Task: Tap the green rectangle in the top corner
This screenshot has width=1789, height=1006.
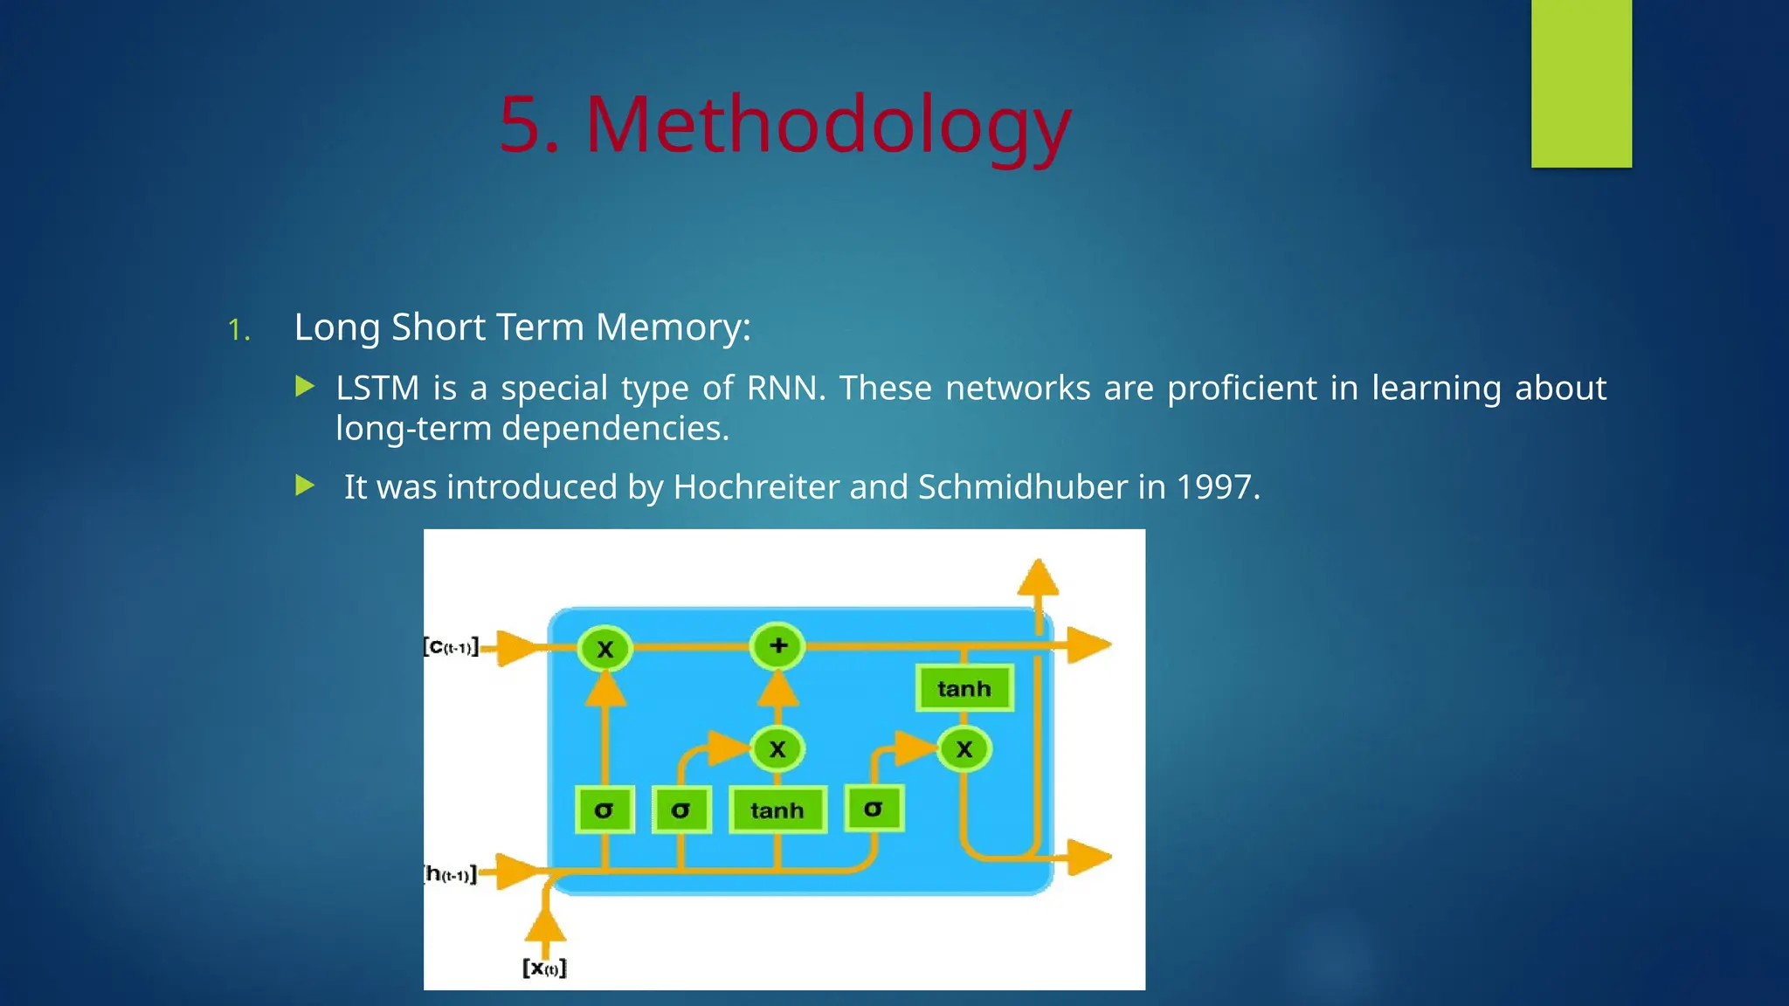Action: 1581,83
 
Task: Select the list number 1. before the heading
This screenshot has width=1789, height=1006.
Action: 238,330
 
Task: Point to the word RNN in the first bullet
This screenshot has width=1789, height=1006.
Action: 784,388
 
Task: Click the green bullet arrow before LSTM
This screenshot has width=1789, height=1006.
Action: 305,386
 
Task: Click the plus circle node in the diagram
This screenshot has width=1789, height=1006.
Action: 777,646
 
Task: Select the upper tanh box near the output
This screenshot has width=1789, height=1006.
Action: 964,688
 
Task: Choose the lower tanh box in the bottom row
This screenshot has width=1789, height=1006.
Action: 777,810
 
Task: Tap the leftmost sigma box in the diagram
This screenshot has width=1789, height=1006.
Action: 604,810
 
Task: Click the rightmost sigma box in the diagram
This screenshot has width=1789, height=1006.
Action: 874,808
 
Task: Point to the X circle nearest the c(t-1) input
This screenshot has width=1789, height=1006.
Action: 604,649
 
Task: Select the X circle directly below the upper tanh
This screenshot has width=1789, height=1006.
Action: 964,749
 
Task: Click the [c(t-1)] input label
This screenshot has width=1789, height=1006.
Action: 451,647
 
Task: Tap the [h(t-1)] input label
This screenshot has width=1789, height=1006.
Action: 451,874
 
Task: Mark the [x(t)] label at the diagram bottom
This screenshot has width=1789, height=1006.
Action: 544,968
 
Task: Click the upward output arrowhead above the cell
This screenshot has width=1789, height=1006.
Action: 1038,578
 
